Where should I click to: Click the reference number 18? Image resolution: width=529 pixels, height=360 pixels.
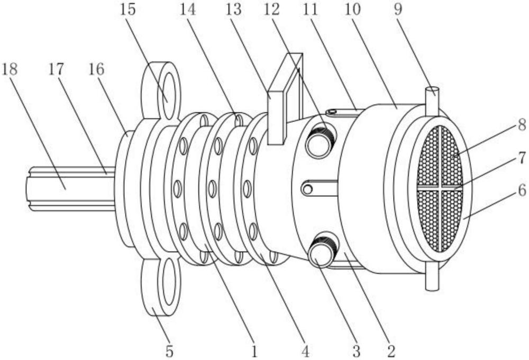tap(10, 69)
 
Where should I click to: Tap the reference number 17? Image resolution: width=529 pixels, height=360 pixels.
tap(56, 69)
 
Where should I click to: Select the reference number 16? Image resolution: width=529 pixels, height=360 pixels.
tap(96, 69)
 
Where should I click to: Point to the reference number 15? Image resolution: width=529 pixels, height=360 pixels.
tap(127, 10)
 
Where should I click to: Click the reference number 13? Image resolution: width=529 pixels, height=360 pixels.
tap(233, 10)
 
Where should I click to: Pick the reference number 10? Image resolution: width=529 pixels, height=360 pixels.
tap(352, 10)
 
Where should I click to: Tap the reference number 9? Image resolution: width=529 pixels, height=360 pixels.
tap(398, 10)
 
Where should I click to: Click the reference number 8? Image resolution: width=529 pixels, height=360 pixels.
tap(522, 125)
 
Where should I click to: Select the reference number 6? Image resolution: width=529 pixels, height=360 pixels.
tap(522, 191)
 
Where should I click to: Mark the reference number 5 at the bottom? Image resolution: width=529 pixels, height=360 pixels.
tap(169, 351)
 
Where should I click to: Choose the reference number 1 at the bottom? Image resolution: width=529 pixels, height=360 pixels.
tap(254, 351)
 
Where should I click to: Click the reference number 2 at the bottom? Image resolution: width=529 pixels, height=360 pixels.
tap(391, 351)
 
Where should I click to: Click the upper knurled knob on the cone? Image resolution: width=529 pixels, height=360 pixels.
tap(320, 141)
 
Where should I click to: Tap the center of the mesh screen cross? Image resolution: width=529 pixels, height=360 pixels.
tap(441, 188)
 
